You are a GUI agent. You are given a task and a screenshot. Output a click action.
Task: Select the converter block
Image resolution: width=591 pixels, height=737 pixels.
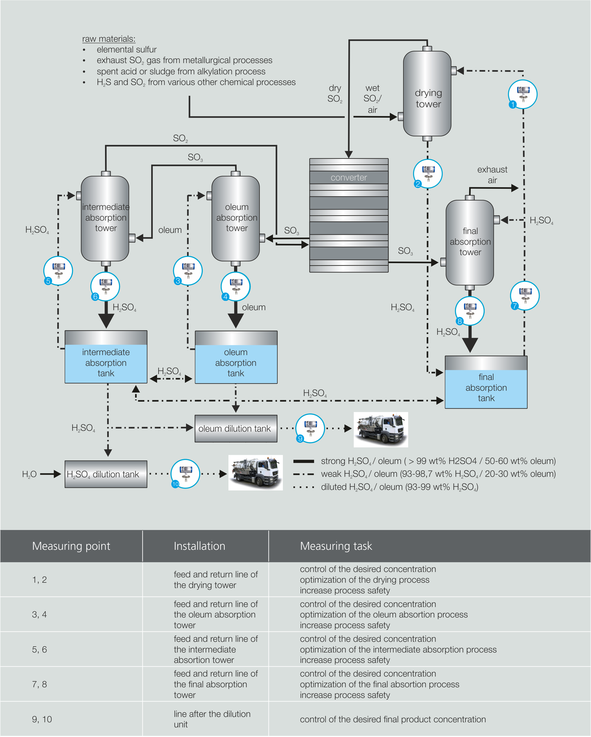pos(348,215)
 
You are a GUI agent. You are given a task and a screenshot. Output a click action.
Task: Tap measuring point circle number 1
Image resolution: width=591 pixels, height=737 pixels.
pos(522,94)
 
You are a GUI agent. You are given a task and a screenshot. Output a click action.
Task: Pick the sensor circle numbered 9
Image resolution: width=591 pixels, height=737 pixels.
pos(310,428)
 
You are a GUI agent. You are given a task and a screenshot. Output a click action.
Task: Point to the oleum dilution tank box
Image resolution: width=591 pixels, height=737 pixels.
pos(236,429)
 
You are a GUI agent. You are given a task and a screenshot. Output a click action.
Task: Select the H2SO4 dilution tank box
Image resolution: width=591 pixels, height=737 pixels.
pos(106,474)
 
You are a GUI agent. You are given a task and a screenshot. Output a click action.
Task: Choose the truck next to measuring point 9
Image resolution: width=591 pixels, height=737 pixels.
pos(380,429)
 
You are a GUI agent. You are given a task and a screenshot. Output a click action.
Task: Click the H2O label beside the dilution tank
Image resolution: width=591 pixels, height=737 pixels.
pos(29,474)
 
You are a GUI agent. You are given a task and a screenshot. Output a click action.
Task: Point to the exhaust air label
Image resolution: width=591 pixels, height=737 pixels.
pos(492,175)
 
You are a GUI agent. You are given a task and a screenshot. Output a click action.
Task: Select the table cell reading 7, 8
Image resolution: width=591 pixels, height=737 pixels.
pos(39,684)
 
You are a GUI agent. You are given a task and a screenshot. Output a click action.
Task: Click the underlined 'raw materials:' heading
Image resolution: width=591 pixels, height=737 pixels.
pos(109,39)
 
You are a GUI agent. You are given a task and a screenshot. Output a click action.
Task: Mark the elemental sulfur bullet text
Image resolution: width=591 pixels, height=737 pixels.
pos(126,49)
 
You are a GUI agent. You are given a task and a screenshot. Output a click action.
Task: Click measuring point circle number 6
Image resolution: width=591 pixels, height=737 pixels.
pos(105,286)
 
